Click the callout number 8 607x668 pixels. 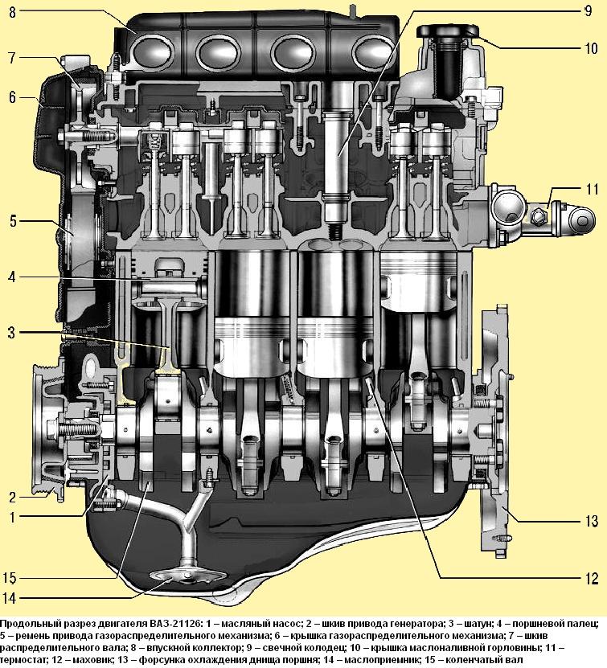12,12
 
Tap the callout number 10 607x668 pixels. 591,48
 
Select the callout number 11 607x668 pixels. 592,189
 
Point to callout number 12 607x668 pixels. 592,578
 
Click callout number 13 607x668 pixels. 592,521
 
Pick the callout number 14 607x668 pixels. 10,598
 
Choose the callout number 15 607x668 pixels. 10,578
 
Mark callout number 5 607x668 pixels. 13,222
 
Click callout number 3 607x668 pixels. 12,332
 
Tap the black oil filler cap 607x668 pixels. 448,32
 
